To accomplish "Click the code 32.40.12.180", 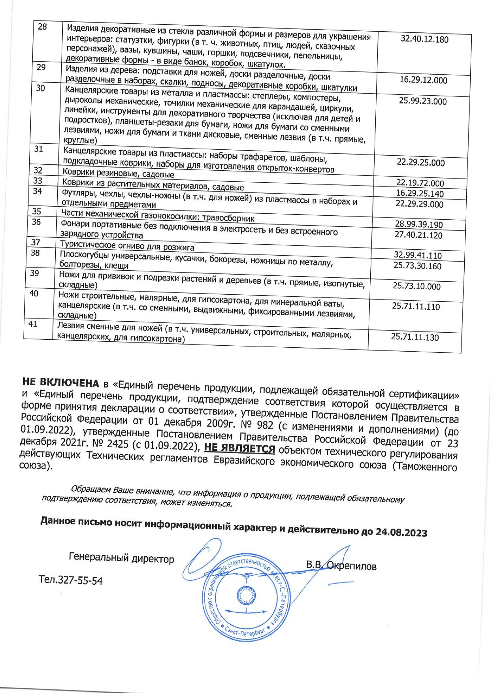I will coord(424,40).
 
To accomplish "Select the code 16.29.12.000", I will coord(423,80).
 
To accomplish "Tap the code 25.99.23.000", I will coord(422,101).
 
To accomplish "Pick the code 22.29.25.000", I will coord(420,163).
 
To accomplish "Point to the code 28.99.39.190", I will coord(419,225).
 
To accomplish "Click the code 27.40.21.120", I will coord(418,235).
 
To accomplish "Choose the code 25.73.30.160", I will coord(417,266).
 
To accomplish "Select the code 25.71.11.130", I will coord(415,337).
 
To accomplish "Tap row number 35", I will coord(37,211).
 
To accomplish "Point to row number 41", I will coord(33,324).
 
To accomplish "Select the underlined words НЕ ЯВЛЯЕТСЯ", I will coord(239,449).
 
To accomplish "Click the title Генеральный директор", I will coord(121,559).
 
